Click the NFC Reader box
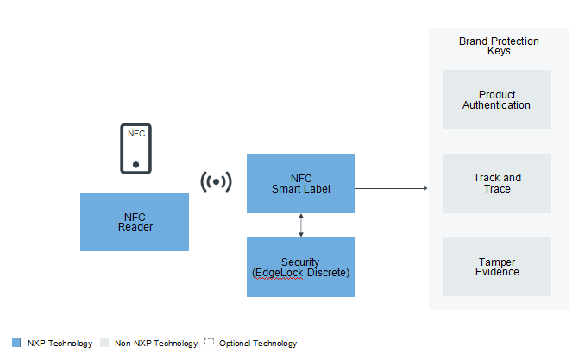(135, 222)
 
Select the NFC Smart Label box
(301, 183)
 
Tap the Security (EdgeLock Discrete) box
(301, 267)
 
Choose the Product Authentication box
(497, 99)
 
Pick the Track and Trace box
(497, 183)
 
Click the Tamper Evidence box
(497, 267)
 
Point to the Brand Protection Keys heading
(499, 46)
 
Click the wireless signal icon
(216, 182)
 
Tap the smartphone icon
(135, 148)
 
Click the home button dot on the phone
(135, 165)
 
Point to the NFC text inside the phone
(136, 133)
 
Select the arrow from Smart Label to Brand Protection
(392, 188)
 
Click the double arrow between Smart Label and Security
(301, 225)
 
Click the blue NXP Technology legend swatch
(16, 343)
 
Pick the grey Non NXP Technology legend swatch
(104, 343)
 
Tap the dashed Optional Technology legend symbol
(210, 342)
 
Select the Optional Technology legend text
(258, 344)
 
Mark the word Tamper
(497, 262)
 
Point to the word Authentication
(496, 105)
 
